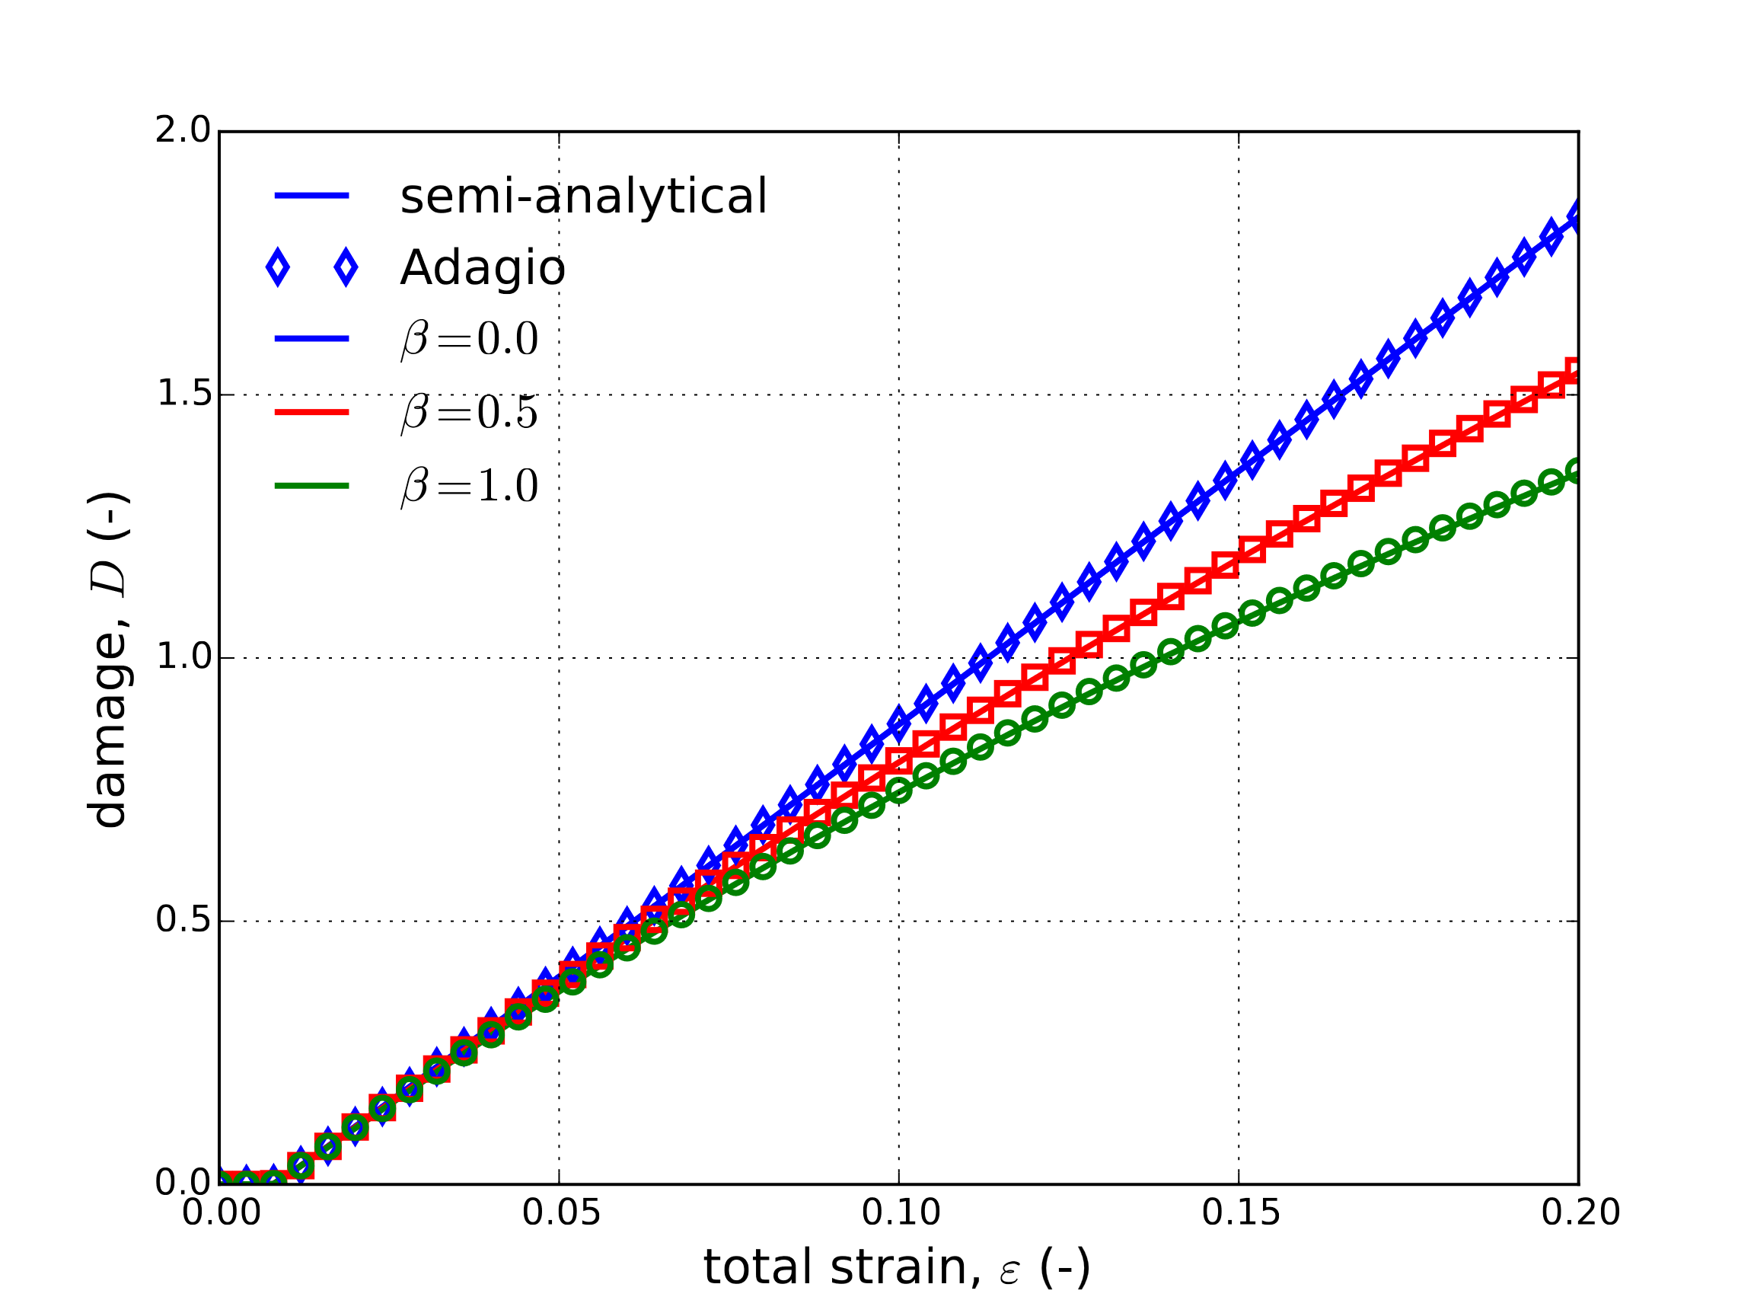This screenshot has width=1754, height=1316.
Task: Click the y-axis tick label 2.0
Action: coord(183,130)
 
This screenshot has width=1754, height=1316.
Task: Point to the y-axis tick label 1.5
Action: coord(183,394)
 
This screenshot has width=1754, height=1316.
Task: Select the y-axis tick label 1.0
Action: coord(183,656)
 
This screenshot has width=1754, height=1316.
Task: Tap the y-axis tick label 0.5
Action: coord(183,920)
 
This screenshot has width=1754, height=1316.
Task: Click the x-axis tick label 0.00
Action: coord(222,1213)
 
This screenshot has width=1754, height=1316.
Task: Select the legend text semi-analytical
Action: coord(584,196)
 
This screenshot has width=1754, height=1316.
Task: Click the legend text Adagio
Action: coord(482,268)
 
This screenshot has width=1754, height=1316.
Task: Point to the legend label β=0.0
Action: coord(470,340)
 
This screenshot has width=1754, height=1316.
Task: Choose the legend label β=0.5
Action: coord(470,413)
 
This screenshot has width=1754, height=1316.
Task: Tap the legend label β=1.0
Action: coord(470,485)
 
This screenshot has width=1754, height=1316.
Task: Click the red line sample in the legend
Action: coord(311,412)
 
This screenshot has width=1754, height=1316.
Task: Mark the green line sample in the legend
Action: coord(311,485)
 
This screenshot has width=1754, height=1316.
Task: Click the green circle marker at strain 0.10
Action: coord(899,790)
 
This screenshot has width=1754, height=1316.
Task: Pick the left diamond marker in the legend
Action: coord(278,267)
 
